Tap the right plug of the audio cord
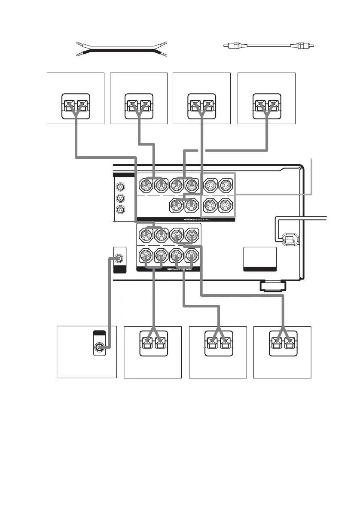click(x=305, y=45)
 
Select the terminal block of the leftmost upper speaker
click(x=75, y=105)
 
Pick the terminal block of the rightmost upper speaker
click(x=266, y=105)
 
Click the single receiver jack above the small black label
click(x=120, y=259)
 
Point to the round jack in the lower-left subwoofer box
click(x=101, y=347)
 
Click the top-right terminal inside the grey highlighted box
click(x=226, y=185)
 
